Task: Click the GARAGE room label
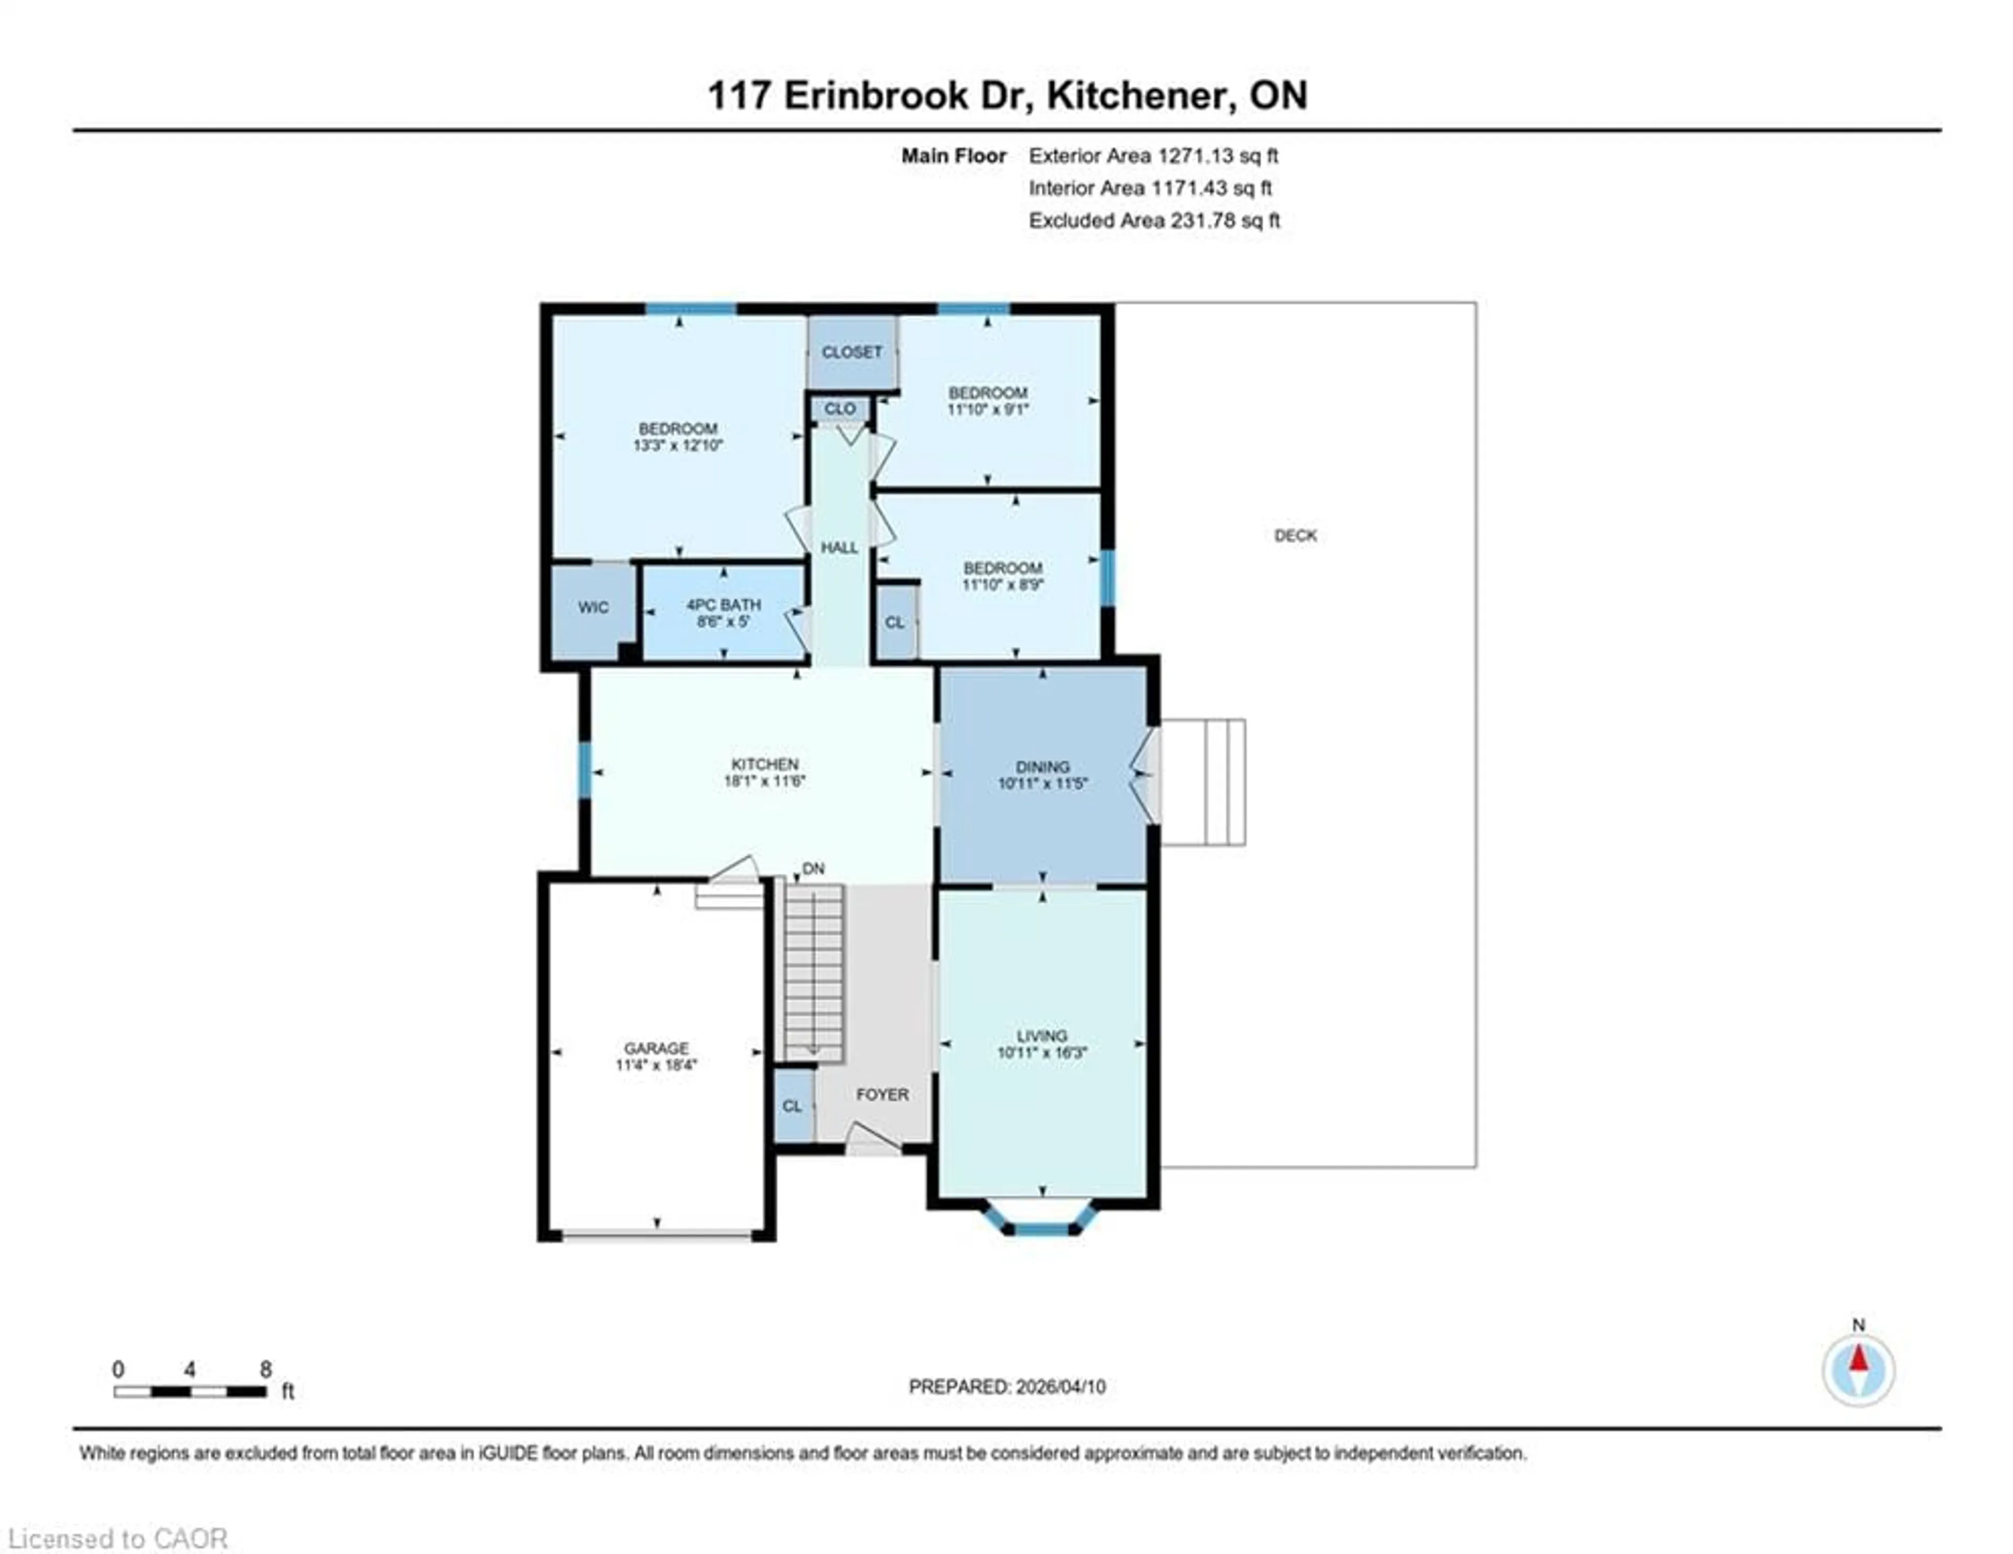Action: tap(655, 1048)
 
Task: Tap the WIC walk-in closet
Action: tap(593, 608)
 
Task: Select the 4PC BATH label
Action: tap(723, 605)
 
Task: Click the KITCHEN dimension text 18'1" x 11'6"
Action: tap(764, 781)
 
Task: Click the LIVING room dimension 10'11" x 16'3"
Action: tap(1042, 1053)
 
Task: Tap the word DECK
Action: tap(1295, 535)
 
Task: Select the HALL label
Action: tap(839, 547)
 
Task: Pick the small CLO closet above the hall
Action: tap(840, 408)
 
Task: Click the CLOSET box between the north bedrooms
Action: tap(852, 352)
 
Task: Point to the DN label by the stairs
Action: tap(813, 868)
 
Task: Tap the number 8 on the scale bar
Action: tap(265, 1369)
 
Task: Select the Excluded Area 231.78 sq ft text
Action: tap(1154, 220)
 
